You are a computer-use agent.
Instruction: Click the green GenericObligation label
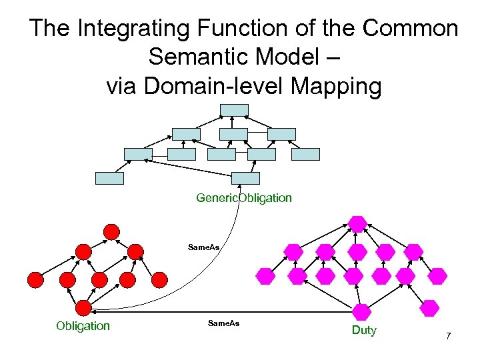244,198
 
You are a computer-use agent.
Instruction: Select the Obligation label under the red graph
83,326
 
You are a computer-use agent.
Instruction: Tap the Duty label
364,330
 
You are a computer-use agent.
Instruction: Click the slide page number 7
449,336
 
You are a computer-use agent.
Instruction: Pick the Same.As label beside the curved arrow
204,247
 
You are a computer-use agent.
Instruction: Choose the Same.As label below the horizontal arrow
223,323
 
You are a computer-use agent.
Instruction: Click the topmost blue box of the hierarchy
235,109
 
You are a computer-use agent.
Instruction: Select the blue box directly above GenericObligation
245,178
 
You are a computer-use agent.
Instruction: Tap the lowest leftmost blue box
109,178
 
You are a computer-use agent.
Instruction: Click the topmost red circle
111,232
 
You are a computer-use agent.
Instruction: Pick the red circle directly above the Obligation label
83,307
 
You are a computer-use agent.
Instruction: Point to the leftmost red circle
35,280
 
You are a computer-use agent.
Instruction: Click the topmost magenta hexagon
358,224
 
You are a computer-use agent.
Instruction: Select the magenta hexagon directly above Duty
361,311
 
